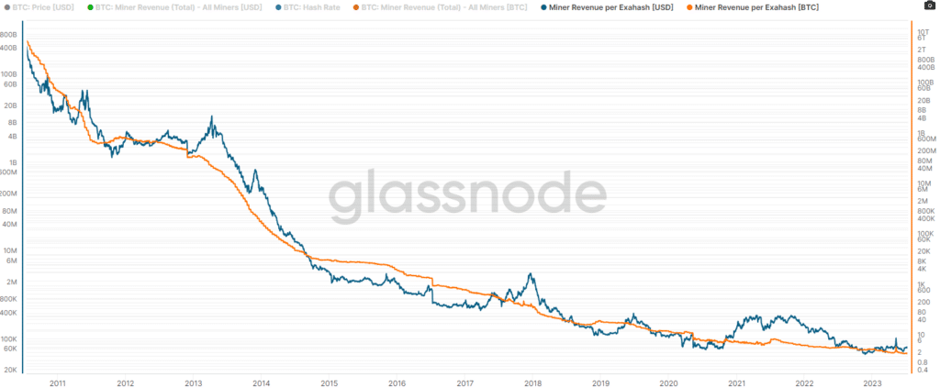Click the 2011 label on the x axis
(x=58, y=382)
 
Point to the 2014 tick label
(x=262, y=382)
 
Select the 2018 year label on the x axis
(x=532, y=382)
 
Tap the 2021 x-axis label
(x=736, y=382)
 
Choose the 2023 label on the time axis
(x=871, y=382)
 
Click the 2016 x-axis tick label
(x=397, y=382)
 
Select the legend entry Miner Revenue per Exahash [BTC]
(x=758, y=6)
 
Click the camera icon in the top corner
(x=930, y=6)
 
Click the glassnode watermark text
(x=468, y=196)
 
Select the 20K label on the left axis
(x=10, y=369)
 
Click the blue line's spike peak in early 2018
(x=530, y=274)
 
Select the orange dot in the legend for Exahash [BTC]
(x=689, y=6)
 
